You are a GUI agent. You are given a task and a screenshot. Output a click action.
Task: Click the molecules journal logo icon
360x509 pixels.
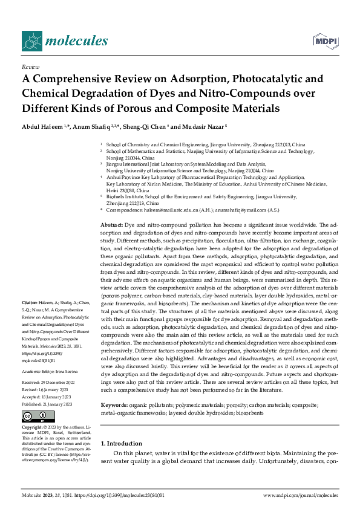click(x=31, y=41)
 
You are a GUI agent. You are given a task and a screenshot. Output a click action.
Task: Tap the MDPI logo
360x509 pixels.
click(x=324, y=40)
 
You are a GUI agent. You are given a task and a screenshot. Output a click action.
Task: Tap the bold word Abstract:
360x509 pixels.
click(x=112, y=224)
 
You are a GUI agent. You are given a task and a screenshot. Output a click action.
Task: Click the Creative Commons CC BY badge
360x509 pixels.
click(x=38, y=417)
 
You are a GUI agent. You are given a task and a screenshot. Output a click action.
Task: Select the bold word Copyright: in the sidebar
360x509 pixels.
click(x=33, y=427)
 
